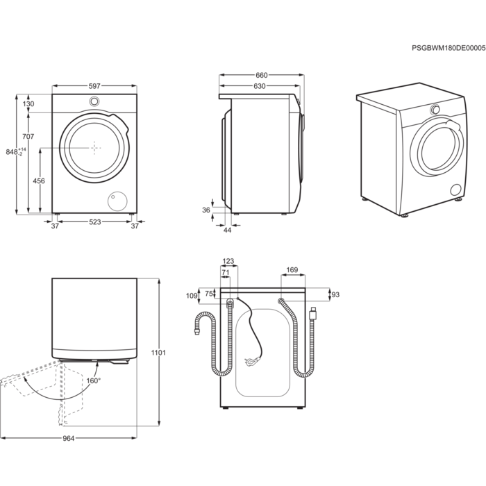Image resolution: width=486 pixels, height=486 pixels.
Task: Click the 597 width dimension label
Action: (x=94, y=85)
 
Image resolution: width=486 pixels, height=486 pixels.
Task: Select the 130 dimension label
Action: (x=28, y=103)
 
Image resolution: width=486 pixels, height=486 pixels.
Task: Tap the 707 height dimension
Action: (x=28, y=136)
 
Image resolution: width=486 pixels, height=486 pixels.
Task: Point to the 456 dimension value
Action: (x=39, y=181)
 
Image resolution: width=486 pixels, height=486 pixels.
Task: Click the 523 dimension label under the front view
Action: (x=95, y=221)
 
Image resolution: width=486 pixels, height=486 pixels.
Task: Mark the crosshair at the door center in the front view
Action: (x=94, y=147)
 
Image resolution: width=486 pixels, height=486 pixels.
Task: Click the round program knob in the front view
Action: (x=94, y=101)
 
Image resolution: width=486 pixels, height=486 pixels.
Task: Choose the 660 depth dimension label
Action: (x=261, y=75)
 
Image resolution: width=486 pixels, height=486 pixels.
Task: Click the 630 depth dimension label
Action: (x=260, y=86)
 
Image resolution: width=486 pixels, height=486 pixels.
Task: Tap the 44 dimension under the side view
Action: (x=227, y=230)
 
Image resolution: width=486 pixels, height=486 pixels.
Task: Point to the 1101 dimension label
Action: (x=159, y=353)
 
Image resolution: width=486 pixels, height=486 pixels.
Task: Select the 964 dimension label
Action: (x=68, y=438)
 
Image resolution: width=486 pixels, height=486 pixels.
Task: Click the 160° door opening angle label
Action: (x=94, y=380)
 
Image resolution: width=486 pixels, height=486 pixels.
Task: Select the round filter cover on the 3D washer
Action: (x=456, y=190)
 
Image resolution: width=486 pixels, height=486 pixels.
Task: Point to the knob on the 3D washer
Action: (x=435, y=110)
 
